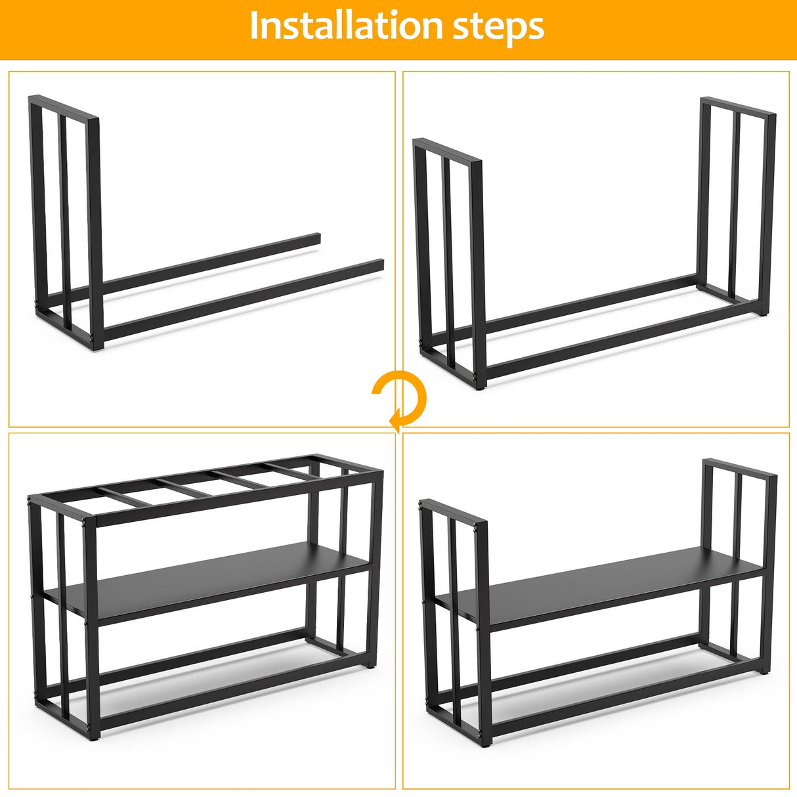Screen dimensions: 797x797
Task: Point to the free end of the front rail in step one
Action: point(379,265)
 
